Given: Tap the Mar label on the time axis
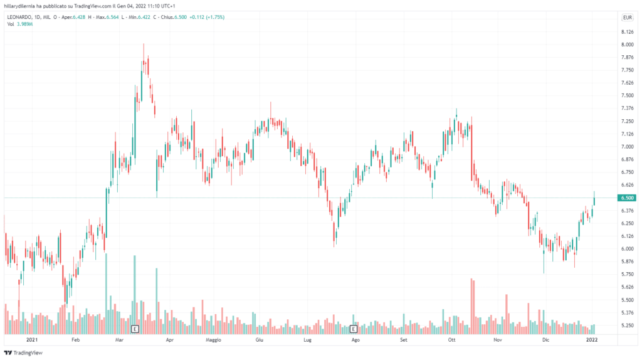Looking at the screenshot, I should point(120,339).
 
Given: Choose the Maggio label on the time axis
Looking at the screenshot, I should point(214,339).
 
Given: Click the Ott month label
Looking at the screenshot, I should point(451,339).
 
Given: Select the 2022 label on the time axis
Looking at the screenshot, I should point(591,339).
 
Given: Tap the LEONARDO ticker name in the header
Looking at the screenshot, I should point(20,17).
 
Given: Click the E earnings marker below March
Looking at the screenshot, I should point(134,328).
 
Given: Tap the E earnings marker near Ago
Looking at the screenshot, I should point(354,328).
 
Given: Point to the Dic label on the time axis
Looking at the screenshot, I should point(545,339).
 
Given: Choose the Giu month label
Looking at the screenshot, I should point(259,339).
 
